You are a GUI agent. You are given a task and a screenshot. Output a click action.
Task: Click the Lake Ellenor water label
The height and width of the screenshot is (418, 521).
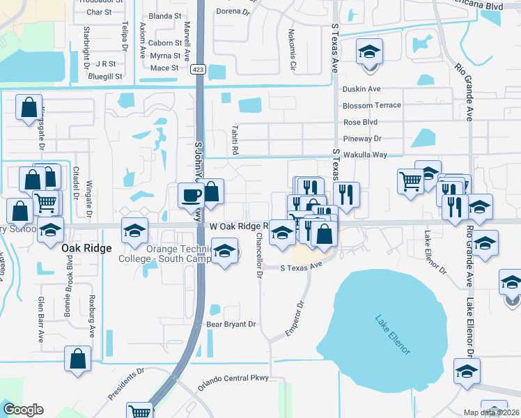click(393, 335)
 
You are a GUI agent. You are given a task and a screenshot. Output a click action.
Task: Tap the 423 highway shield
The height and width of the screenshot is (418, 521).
click(199, 69)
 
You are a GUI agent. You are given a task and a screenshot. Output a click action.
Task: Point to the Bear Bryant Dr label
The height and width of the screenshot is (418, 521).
click(232, 325)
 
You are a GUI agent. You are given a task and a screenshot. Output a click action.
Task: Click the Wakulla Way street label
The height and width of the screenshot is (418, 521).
click(364, 155)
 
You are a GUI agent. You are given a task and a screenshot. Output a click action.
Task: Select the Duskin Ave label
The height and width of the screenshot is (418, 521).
click(361, 89)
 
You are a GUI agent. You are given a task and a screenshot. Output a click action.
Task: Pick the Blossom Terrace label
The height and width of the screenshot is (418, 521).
click(371, 105)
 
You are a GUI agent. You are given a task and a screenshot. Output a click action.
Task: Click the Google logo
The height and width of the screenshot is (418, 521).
click(23, 410)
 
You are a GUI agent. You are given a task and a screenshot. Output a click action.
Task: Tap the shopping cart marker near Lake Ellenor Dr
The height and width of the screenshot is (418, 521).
click(411, 182)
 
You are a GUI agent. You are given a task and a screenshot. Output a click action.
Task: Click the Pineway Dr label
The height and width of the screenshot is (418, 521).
click(362, 139)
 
